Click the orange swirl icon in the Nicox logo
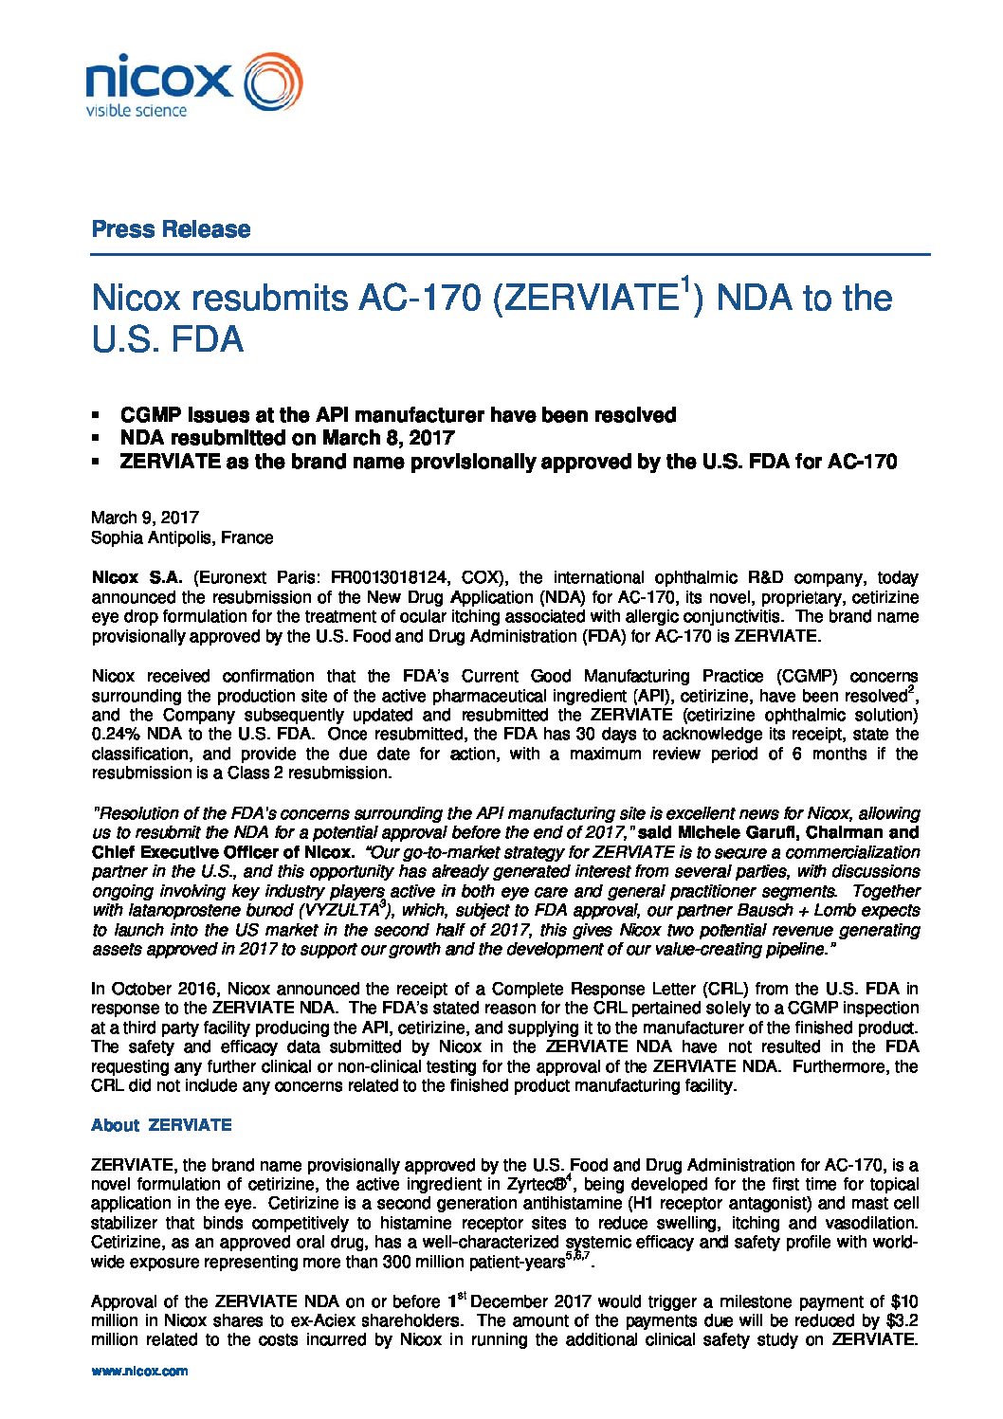[273, 82]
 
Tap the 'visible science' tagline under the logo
[137, 111]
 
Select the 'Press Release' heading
[171, 229]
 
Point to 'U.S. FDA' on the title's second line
[168, 340]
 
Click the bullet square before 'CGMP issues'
[96, 415]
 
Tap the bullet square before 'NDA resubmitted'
[96, 438]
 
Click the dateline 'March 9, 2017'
[145, 518]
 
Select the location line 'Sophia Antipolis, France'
[182, 537]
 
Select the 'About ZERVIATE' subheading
[161, 1125]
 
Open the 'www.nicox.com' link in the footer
[139, 1372]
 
